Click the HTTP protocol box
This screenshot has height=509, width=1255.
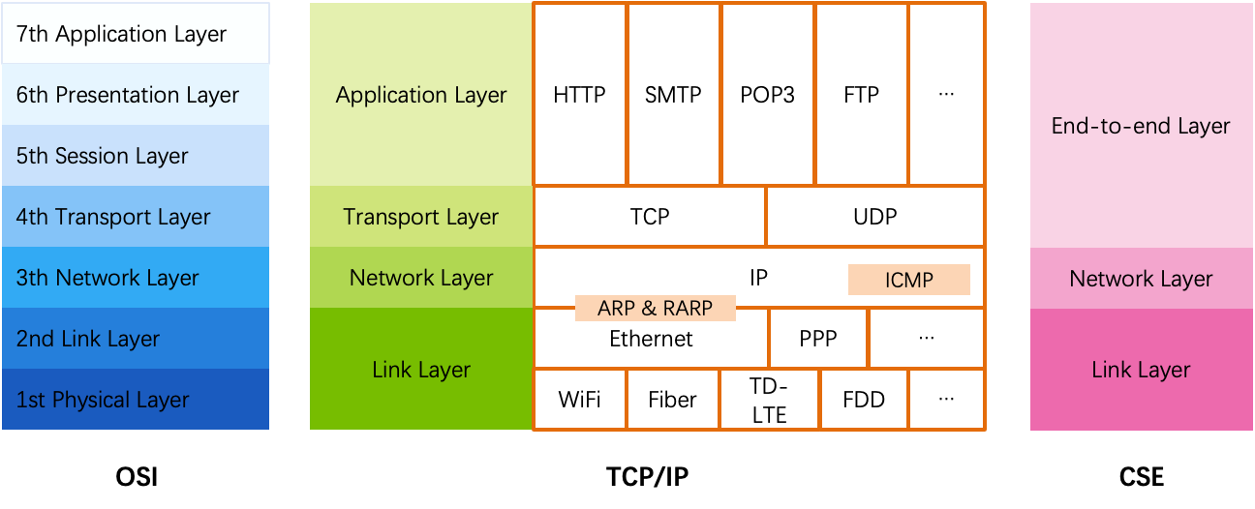tap(579, 95)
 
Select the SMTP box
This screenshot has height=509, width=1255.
tap(673, 95)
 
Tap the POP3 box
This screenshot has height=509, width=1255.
tap(767, 95)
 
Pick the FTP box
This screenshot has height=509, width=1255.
tap(861, 95)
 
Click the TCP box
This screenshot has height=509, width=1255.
tap(649, 217)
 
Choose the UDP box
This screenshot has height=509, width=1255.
tap(874, 217)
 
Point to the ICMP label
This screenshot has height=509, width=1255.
tap(908, 281)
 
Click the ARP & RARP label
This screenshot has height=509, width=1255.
tap(655, 309)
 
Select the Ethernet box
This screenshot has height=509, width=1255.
tap(651, 340)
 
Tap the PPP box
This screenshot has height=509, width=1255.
tap(818, 340)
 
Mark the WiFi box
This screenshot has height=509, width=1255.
tap(579, 400)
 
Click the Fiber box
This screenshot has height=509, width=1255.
tap(672, 400)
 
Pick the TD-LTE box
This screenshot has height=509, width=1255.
tap(769, 400)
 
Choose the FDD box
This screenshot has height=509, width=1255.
tap(863, 400)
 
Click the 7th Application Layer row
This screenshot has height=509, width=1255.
tap(136, 34)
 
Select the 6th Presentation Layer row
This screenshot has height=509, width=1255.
tap(136, 95)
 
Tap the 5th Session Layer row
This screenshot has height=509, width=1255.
tap(136, 156)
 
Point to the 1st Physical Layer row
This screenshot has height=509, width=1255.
tap(136, 400)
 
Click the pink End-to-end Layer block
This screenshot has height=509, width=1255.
tap(1141, 126)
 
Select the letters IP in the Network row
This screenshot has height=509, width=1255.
tap(758, 278)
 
